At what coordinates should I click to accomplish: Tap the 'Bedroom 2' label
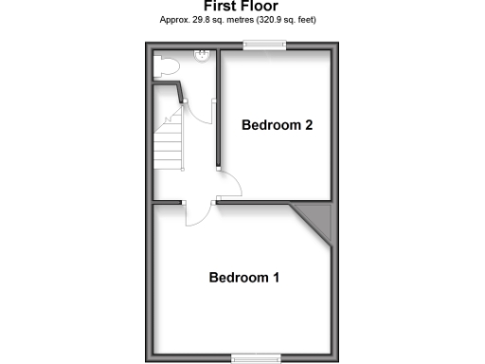(277, 124)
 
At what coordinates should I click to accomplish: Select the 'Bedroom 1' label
(243, 278)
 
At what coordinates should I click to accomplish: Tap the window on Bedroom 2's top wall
(264, 44)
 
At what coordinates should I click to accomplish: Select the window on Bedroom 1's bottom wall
(257, 358)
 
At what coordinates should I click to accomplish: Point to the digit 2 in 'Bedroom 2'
(308, 124)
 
